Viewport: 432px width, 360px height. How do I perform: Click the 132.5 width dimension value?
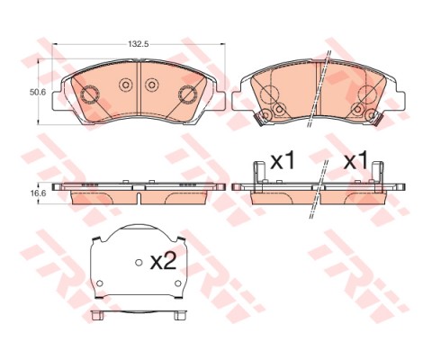(138, 42)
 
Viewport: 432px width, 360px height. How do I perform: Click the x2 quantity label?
(163, 262)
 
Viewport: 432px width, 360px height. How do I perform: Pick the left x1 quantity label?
(283, 162)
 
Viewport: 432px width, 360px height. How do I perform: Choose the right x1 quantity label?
(356, 162)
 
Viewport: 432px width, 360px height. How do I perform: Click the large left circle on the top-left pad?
(88, 94)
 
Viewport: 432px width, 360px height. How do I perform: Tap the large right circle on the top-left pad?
(188, 94)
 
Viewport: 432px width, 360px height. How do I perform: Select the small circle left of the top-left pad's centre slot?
(125, 85)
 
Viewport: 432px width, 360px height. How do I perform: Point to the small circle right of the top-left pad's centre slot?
(151, 85)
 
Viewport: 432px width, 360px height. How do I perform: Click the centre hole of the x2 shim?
(139, 263)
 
